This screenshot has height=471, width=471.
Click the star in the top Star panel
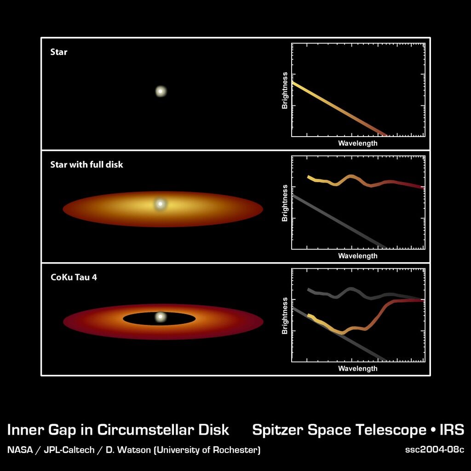pyautogui.click(x=161, y=91)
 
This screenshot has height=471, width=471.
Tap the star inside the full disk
pyautogui.click(x=161, y=204)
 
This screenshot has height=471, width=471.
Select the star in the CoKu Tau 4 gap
pyautogui.click(x=161, y=316)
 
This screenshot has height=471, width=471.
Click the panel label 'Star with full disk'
pyautogui.click(x=86, y=165)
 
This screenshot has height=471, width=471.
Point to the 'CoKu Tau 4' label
pyautogui.click(x=74, y=277)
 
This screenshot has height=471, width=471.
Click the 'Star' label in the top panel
pyautogui.click(x=58, y=52)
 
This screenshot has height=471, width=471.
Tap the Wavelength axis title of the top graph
pyautogui.click(x=358, y=144)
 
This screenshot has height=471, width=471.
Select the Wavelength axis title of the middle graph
pyautogui.click(x=358, y=256)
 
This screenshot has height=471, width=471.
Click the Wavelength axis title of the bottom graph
pyautogui.click(x=358, y=368)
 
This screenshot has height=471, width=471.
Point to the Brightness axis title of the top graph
pyautogui.click(x=285, y=91)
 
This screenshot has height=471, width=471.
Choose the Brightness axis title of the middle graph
pyautogui.click(x=285, y=203)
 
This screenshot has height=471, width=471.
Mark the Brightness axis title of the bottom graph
pyautogui.click(x=285, y=316)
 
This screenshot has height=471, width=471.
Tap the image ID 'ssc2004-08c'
pyautogui.click(x=434, y=450)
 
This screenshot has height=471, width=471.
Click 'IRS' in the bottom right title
pyautogui.click(x=452, y=430)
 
